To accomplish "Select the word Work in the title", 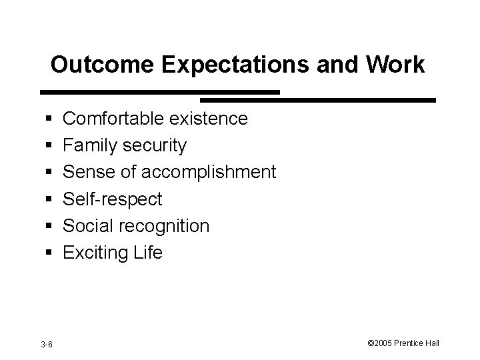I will tap(393, 65).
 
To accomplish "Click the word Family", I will tap(91, 146).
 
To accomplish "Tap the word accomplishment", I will tap(209, 173).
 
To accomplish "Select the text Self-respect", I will tap(112, 199).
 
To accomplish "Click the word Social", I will tap(89, 226).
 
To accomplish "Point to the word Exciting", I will tap(93, 253).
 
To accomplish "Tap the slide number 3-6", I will tap(47, 344).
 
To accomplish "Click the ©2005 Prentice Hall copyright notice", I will tap(403, 343).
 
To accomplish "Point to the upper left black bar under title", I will tap(160, 92).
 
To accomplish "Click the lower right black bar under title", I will tap(346, 100).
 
